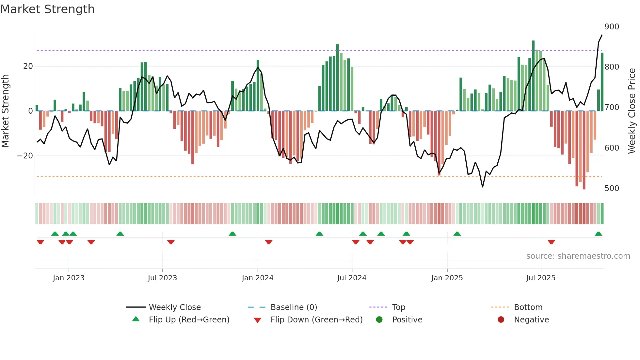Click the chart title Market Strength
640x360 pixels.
47,9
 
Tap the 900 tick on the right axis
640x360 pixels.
611,27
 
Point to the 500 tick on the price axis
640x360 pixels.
611,188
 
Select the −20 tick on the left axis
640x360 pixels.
25,156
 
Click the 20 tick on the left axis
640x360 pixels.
28,66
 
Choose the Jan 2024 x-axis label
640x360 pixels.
257,278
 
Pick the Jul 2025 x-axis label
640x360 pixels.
540,278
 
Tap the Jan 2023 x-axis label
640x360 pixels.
69,278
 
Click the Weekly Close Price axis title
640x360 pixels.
632,111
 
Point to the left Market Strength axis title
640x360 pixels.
6,111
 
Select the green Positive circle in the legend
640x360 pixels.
379,320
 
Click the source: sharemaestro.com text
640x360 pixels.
578,256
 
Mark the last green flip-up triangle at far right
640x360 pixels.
598,234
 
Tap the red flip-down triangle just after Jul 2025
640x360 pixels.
551,242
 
